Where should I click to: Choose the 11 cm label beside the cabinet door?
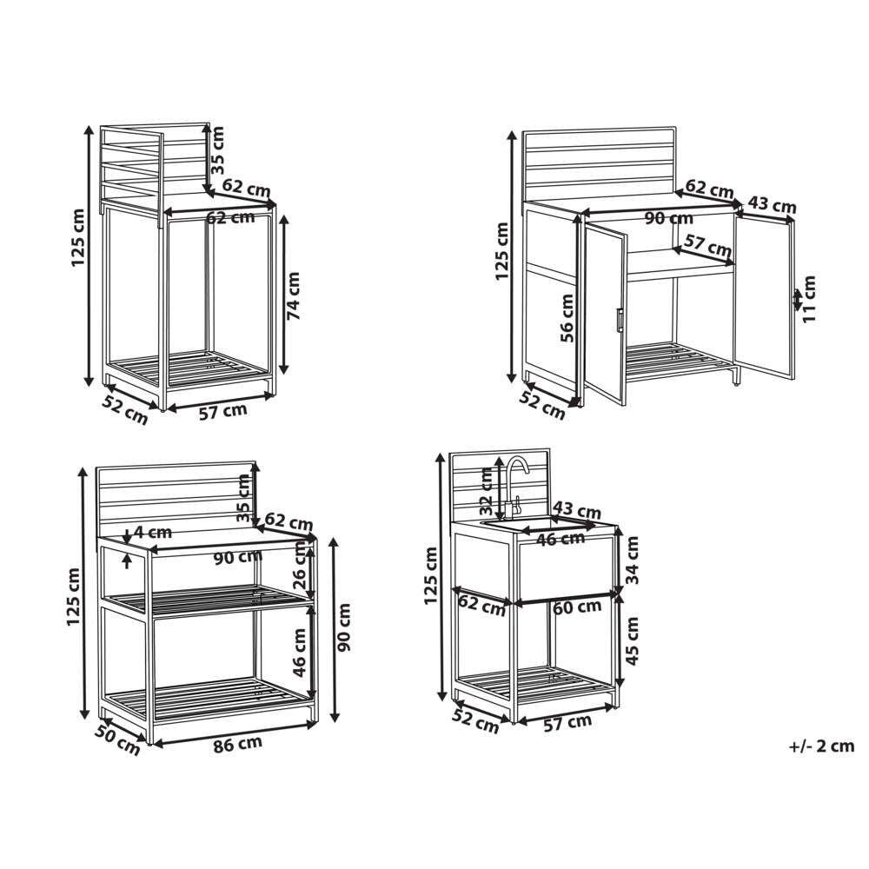810,299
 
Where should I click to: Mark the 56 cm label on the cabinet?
567,321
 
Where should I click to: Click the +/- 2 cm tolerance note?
821,746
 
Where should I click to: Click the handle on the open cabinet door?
618,320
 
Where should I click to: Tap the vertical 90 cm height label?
344,627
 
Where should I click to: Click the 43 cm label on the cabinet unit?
772,206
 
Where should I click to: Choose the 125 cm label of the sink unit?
432,575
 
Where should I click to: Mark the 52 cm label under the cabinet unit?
542,404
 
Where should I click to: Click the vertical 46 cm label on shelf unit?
300,653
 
